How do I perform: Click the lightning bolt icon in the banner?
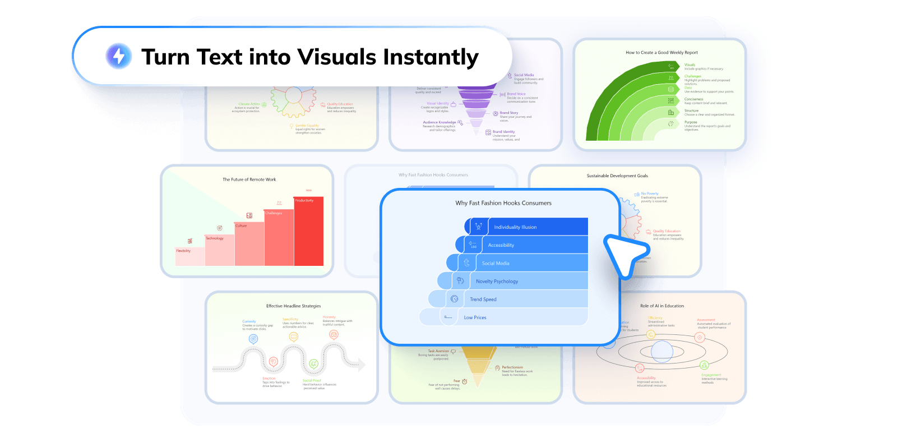(119, 56)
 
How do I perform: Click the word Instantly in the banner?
(431, 57)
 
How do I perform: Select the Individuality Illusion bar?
(527, 227)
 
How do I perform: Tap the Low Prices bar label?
(475, 317)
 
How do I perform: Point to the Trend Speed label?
(483, 300)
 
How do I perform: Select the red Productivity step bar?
(308, 231)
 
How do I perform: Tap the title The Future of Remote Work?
(249, 179)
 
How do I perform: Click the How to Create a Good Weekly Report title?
(661, 53)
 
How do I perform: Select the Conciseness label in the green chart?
(693, 99)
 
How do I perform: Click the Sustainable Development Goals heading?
(617, 176)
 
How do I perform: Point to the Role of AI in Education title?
(662, 306)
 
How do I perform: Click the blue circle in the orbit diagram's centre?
(662, 352)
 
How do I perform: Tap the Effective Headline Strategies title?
(293, 306)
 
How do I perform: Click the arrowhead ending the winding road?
(361, 365)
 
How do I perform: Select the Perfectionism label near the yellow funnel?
(512, 367)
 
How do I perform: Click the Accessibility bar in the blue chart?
(527, 245)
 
